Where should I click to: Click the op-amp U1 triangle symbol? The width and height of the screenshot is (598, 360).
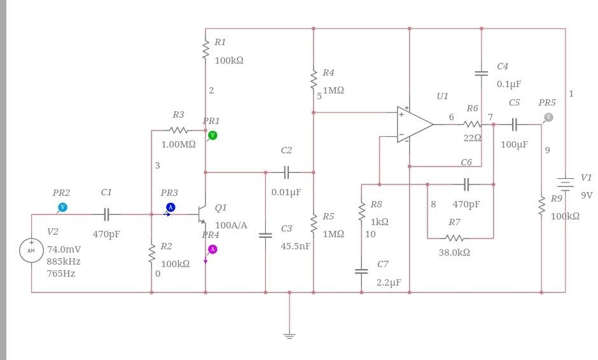413,125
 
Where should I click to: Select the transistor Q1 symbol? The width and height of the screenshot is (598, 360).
202,214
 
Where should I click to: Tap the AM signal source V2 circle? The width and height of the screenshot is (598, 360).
31,250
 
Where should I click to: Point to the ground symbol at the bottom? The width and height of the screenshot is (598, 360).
289,335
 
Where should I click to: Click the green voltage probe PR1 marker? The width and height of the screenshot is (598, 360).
212,135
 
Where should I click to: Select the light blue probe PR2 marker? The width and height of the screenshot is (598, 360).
62,207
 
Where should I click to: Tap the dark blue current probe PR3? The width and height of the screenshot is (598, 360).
170,207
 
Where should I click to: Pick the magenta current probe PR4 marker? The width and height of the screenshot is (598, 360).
212,249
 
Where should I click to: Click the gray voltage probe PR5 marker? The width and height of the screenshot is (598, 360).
548,117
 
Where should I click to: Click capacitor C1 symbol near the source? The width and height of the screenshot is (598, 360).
107,214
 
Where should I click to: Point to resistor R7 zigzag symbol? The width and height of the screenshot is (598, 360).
454,239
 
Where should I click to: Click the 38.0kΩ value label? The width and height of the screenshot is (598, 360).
454,253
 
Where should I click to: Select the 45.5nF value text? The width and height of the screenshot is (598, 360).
295,246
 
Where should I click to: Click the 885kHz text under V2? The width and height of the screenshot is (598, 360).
64,261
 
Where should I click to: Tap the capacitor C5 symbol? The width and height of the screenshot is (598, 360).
515,125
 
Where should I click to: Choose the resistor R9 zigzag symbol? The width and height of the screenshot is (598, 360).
541,206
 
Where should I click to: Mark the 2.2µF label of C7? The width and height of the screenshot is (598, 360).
389,282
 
